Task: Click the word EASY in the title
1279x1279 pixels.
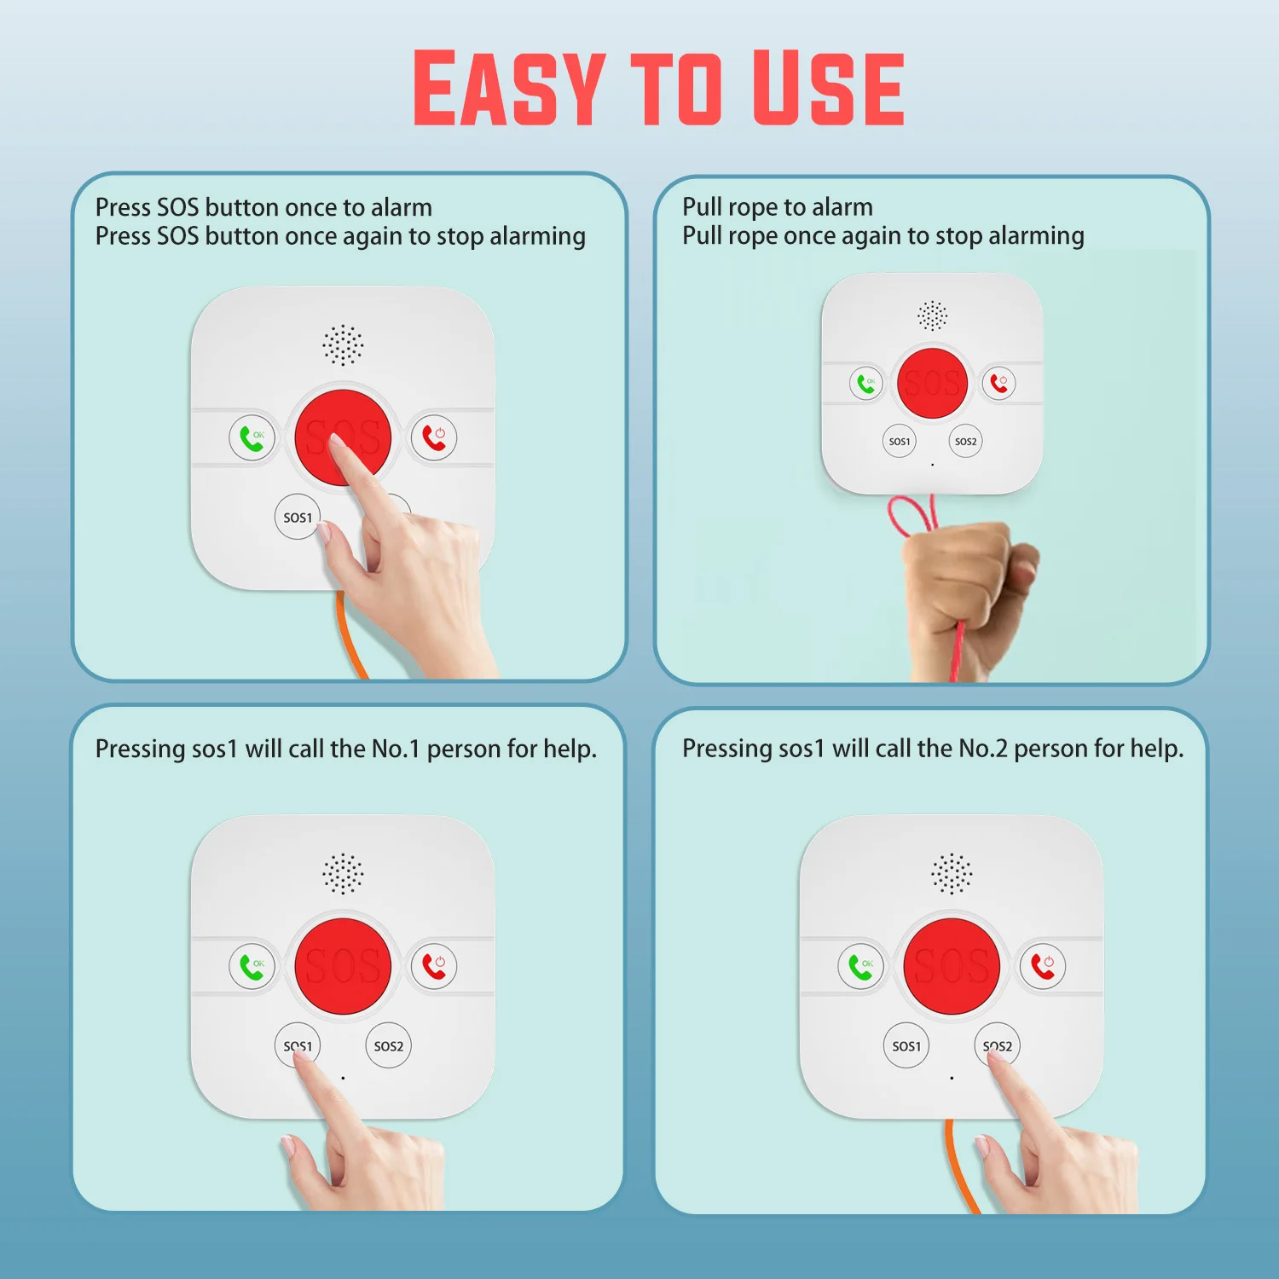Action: pos(509,87)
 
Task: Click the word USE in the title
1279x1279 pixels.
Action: pos(828,87)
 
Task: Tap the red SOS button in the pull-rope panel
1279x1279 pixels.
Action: pos(932,383)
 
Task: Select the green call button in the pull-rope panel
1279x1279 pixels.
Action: pos(865,384)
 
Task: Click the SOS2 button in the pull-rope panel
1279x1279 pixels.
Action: pos(965,441)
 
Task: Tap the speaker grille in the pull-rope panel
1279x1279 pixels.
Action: pos(932,315)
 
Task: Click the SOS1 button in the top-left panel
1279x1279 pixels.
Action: pos(298,517)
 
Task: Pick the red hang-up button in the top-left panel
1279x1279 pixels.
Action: pos(434,437)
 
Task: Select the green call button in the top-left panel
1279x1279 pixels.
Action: pos(252,438)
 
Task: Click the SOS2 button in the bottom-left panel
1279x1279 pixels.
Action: pos(388,1045)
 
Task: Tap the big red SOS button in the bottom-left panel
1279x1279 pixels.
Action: pos(343,966)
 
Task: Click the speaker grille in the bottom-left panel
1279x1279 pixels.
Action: pos(343,873)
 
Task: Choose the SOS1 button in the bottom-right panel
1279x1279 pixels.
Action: pos(906,1045)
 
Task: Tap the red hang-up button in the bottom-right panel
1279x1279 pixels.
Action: pos(1043,966)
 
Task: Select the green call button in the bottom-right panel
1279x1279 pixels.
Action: pos(860,967)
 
